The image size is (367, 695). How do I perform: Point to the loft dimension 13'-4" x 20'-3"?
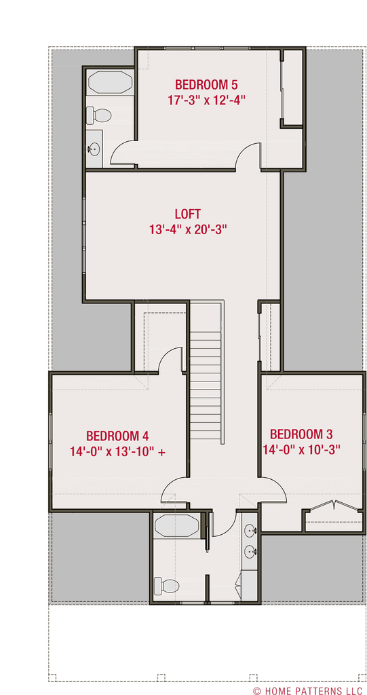[x=187, y=229]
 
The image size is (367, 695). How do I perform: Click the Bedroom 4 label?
[x=117, y=436]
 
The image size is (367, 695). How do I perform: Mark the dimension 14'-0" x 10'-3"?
[x=301, y=449]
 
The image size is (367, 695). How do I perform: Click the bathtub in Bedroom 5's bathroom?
[x=110, y=83]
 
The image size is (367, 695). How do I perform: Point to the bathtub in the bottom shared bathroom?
[x=176, y=526]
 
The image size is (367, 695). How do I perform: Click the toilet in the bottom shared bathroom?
[x=166, y=584]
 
